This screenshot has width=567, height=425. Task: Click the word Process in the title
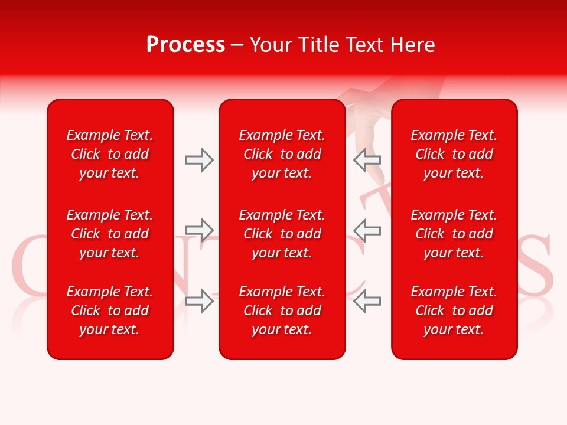tap(185, 45)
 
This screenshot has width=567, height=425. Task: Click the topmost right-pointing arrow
tap(200, 160)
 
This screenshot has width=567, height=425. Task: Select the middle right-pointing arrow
tap(200, 230)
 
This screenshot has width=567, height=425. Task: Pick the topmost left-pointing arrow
tap(367, 160)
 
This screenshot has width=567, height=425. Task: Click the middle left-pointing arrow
tap(367, 230)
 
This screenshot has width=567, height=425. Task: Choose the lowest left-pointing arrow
tap(367, 301)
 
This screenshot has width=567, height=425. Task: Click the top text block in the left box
tap(110, 154)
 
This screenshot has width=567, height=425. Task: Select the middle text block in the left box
tap(110, 234)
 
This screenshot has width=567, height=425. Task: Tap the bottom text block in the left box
tap(110, 310)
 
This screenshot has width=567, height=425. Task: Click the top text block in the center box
tap(282, 154)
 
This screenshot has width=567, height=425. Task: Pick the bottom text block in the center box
tap(282, 310)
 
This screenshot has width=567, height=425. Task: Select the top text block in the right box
tap(454, 154)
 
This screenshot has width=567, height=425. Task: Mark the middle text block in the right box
tap(454, 234)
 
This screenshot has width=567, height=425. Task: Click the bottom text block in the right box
tap(454, 310)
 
